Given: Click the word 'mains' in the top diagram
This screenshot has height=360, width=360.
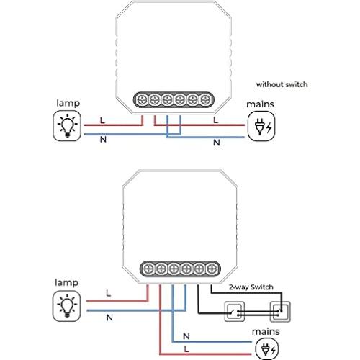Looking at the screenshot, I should click(260, 104).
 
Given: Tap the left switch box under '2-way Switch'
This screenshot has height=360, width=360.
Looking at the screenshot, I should click(235, 312).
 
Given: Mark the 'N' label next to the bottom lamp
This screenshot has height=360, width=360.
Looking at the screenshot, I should click(108, 317).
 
